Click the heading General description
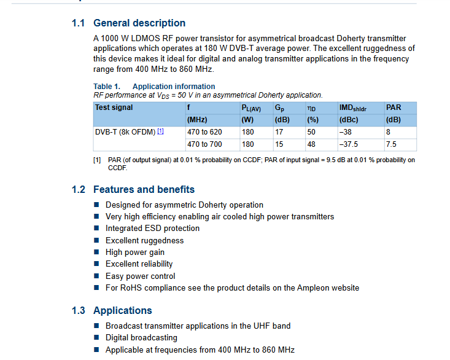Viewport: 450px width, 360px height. [x=139, y=23]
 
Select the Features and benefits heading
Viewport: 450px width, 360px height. [x=144, y=190]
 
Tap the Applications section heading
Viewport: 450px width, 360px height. [x=123, y=311]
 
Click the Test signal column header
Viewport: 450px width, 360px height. [x=114, y=108]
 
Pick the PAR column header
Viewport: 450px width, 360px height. [x=394, y=108]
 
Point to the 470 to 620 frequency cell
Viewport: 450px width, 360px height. [x=204, y=132]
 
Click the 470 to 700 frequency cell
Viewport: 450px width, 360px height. [x=204, y=144]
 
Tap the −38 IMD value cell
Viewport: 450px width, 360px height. [x=346, y=132]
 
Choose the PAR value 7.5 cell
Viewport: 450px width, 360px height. [x=392, y=144]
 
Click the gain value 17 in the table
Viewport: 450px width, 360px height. [x=279, y=132]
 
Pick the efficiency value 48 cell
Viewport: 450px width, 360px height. [x=312, y=144]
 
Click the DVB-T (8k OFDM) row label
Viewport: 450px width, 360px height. [x=125, y=132]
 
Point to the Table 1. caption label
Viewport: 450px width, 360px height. [x=107, y=87]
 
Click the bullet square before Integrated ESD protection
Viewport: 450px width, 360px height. [x=96, y=229]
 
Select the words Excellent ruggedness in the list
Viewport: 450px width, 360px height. [x=144, y=240]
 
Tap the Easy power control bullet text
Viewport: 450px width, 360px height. [x=140, y=276]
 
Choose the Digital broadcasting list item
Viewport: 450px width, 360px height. [x=141, y=338]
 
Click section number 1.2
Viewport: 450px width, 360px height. [x=78, y=190]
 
